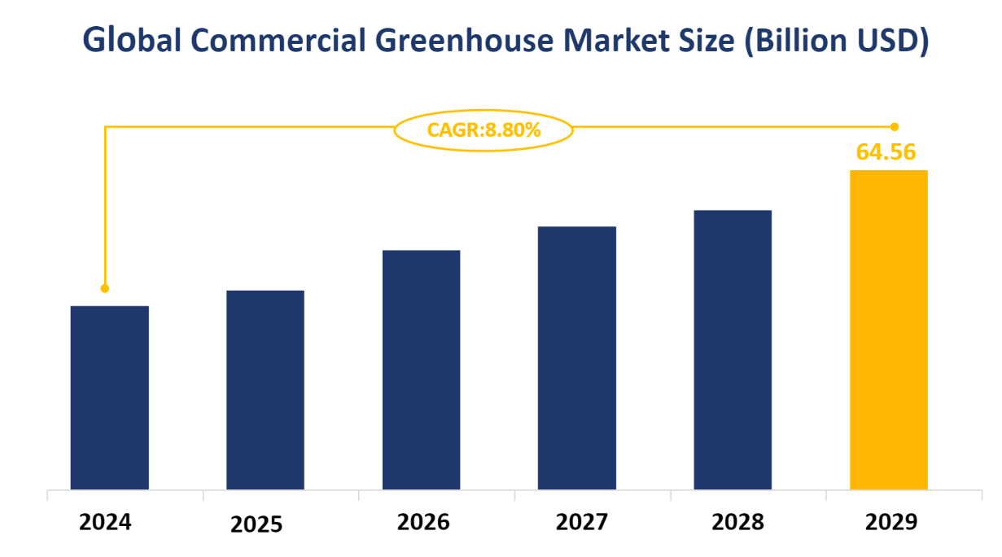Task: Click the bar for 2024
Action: tap(110, 397)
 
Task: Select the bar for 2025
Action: tap(265, 389)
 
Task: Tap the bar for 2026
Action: tap(421, 370)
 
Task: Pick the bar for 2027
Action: tap(577, 357)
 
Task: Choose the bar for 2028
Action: tap(733, 349)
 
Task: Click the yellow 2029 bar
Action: tap(889, 330)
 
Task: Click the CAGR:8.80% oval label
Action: tap(483, 129)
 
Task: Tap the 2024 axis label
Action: tap(105, 522)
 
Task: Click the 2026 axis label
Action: tap(422, 522)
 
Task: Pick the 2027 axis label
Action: tap(581, 522)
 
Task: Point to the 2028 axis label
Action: tap(737, 522)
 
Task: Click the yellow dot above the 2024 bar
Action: tap(105, 288)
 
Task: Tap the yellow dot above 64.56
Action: tap(895, 126)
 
